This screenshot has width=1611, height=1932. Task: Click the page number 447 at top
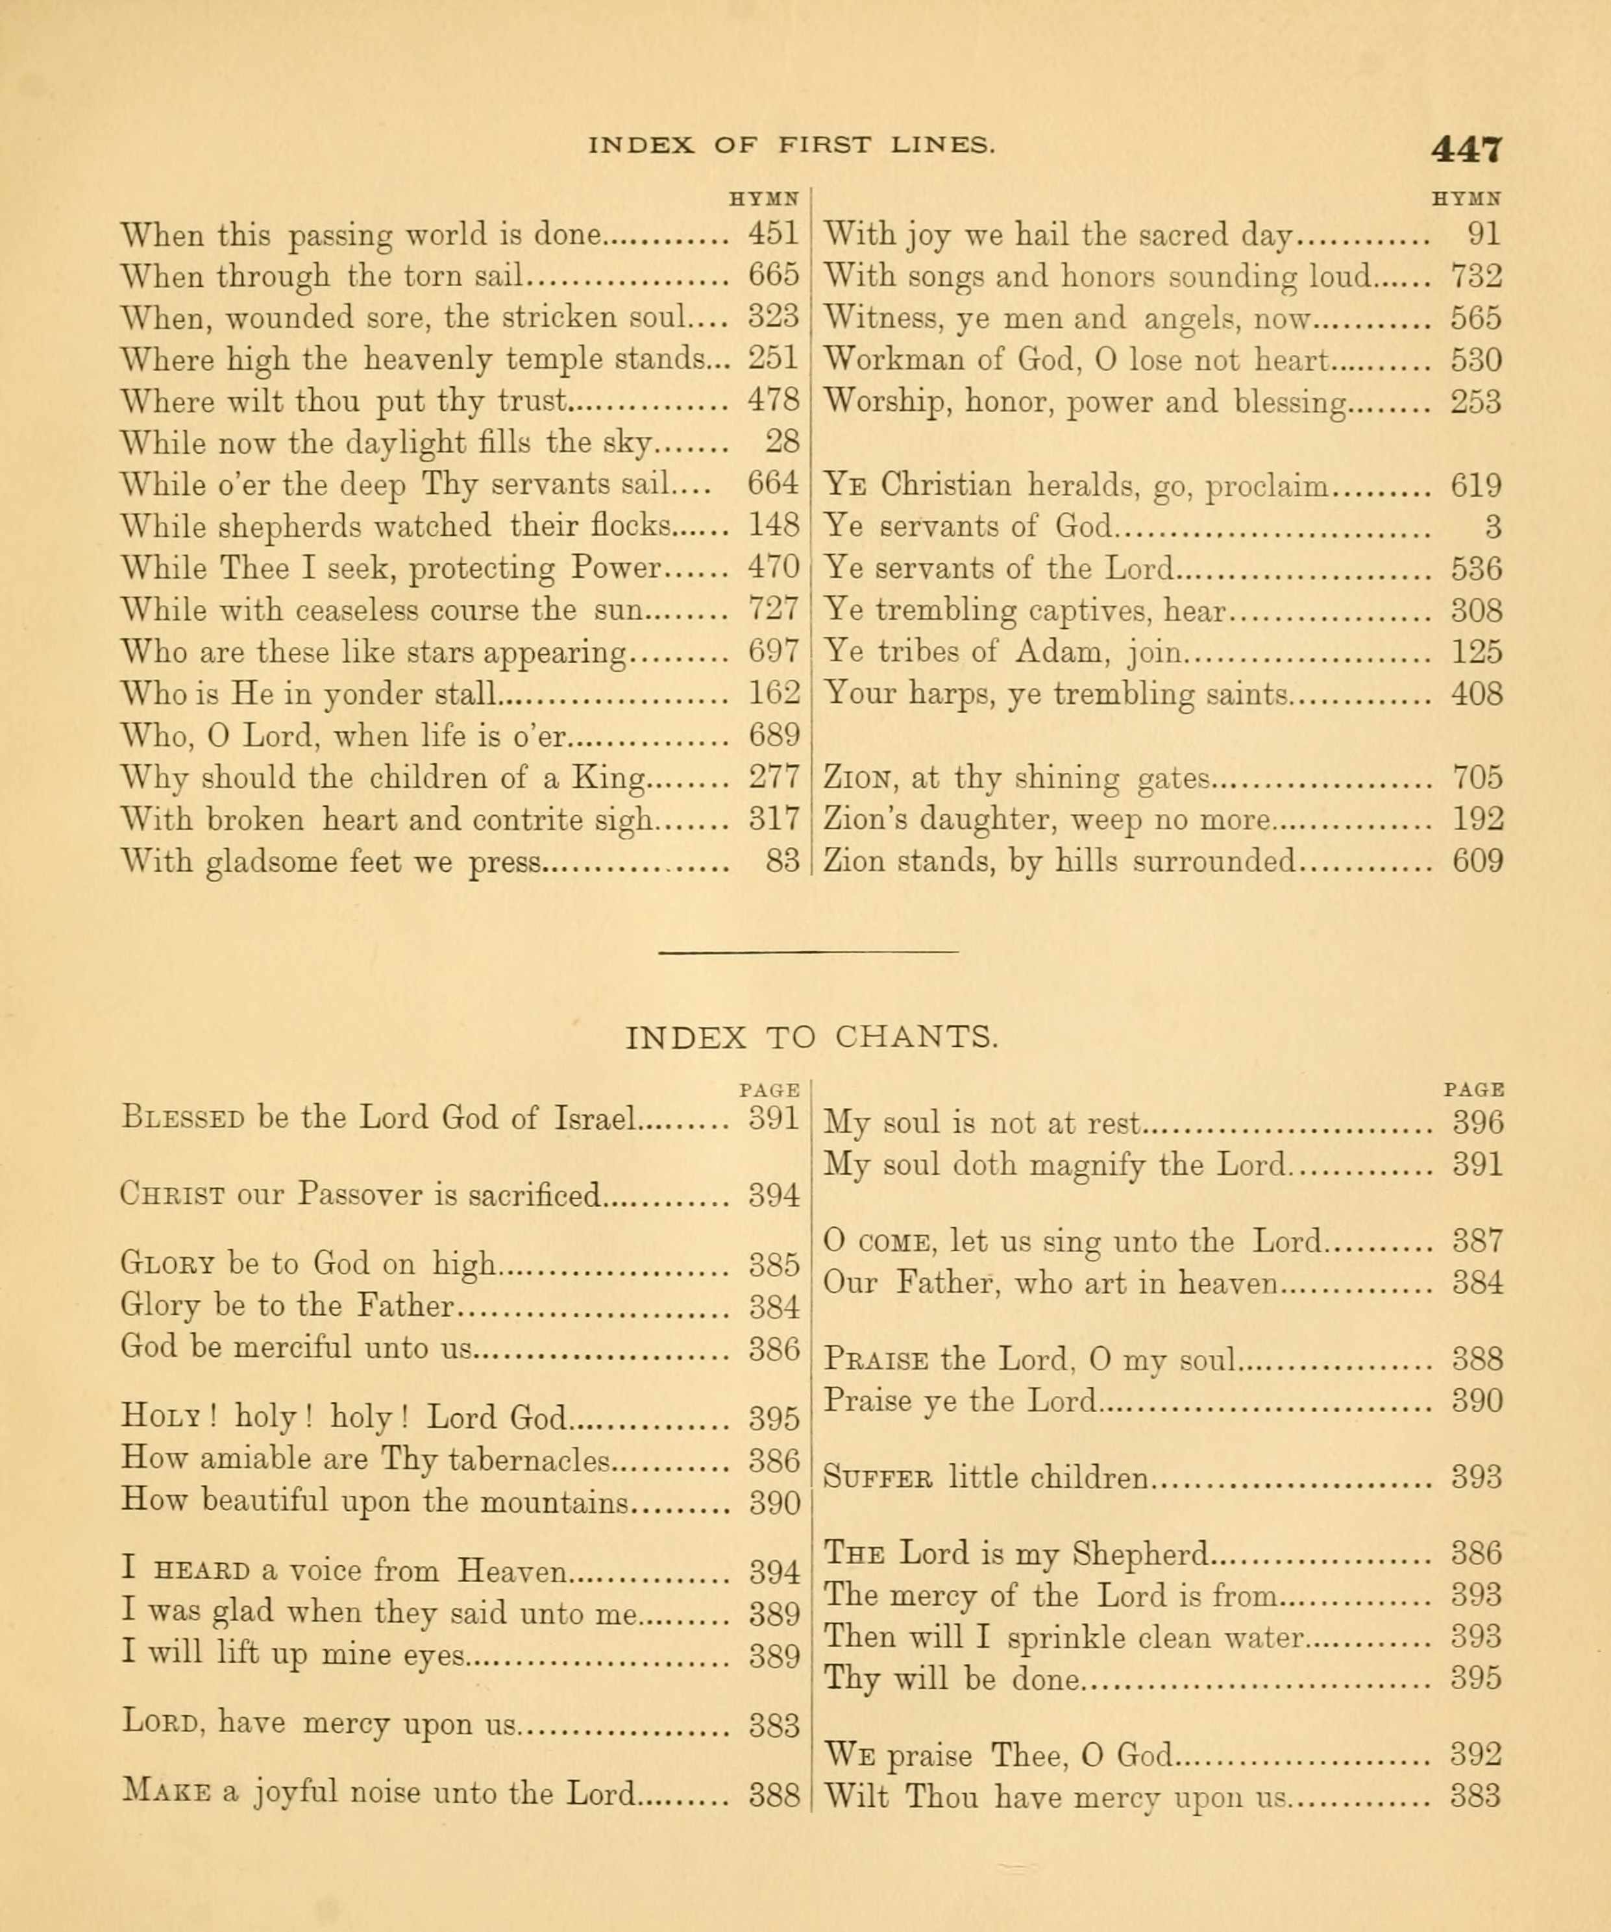[1466, 149]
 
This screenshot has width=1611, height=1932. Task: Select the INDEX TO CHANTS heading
[811, 1038]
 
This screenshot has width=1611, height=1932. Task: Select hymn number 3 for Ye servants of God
[1494, 527]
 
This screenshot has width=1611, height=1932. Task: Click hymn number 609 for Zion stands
[1477, 862]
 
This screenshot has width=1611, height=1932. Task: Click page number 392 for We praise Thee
[1477, 1755]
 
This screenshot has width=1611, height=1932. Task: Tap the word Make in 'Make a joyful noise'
[167, 1793]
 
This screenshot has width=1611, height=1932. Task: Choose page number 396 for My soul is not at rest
[1477, 1123]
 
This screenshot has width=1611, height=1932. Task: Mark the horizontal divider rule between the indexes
[809, 951]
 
